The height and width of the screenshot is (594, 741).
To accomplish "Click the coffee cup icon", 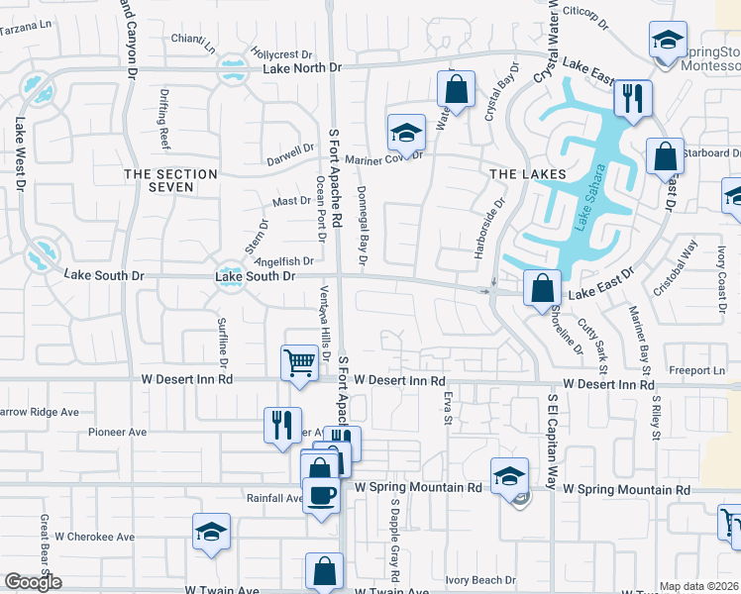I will click(321, 494).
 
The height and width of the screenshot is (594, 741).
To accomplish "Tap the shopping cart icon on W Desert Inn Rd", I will click(299, 361).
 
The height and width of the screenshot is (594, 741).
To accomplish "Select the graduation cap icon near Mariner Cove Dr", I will click(406, 131).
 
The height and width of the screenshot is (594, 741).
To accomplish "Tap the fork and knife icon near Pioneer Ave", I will click(282, 424).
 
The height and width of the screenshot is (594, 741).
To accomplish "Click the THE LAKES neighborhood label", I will click(528, 173).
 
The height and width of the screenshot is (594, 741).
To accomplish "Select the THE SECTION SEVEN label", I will click(170, 180).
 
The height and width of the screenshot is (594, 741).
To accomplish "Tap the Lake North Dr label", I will click(302, 68).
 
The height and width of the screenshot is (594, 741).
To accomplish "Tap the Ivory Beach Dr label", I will click(480, 580).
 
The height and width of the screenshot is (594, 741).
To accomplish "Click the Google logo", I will click(33, 582).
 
